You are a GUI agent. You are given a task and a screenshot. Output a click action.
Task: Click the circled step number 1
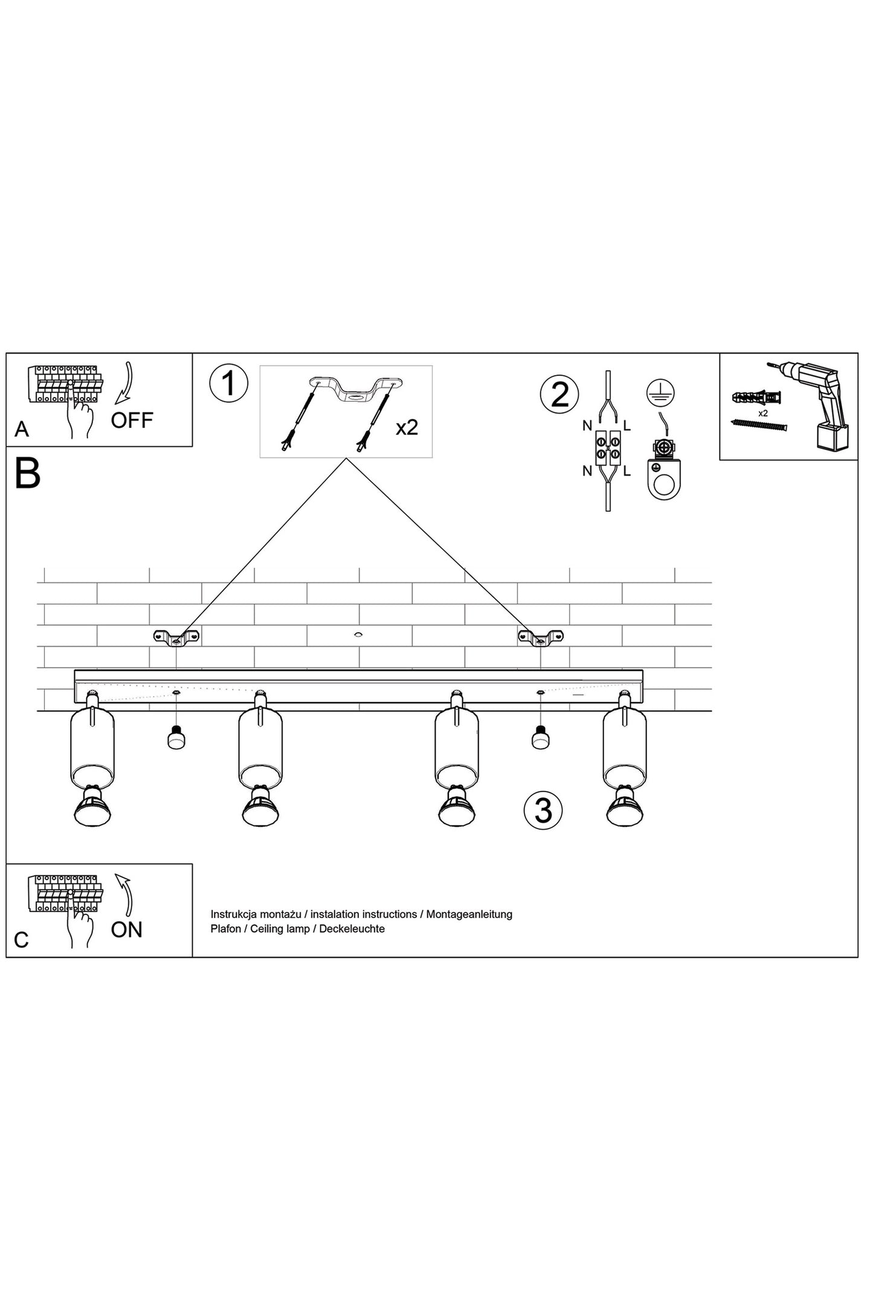(x=228, y=383)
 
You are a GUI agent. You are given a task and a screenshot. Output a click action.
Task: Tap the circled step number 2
(x=559, y=395)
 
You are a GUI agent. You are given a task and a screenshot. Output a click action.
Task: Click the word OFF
(x=132, y=420)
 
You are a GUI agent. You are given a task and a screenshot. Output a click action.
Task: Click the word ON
(x=127, y=930)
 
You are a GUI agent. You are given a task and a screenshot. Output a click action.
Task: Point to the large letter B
(x=27, y=474)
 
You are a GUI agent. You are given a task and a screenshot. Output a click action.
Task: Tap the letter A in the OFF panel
(x=22, y=429)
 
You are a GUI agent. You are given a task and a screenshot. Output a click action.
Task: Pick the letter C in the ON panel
(x=21, y=940)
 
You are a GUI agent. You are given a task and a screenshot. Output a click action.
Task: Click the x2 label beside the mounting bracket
(x=407, y=428)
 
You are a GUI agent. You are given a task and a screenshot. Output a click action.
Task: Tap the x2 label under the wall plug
(x=762, y=413)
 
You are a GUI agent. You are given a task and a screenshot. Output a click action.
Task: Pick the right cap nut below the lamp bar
(x=540, y=739)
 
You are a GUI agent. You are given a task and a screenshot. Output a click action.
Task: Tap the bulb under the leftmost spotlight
(x=92, y=806)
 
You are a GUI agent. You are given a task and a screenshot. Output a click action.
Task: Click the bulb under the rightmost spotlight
(x=625, y=806)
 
